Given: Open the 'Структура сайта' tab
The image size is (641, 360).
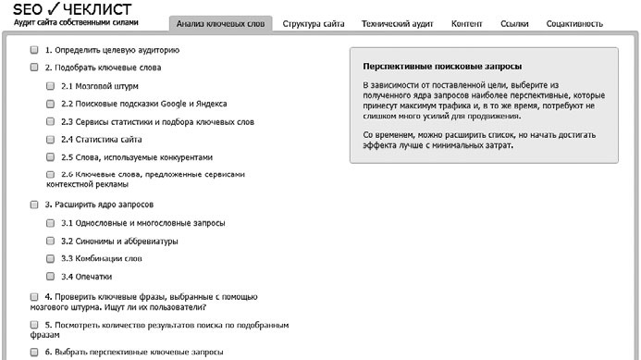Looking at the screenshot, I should [x=314, y=24].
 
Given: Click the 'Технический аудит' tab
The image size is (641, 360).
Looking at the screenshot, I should [x=398, y=24].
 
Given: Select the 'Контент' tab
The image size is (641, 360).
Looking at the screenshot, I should [x=466, y=24].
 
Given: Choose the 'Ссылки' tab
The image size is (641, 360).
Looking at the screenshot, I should [x=514, y=24].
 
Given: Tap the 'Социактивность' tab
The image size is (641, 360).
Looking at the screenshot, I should [x=573, y=24].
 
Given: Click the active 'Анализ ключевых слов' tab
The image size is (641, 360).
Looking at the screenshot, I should [x=220, y=24].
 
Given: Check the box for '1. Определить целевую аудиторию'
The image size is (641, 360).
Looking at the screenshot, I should [x=34, y=50].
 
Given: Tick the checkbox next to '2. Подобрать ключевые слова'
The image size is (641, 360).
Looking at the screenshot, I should [x=34, y=68].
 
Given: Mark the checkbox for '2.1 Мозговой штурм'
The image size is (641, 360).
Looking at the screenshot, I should [x=51, y=86].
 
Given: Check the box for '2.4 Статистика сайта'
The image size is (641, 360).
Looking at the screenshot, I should [x=51, y=140].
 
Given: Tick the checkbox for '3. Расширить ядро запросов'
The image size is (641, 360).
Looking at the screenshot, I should [x=34, y=205].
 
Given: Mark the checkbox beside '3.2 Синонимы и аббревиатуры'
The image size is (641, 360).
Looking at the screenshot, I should [x=51, y=241].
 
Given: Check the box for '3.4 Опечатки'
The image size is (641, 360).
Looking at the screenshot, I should [x=51, y=276].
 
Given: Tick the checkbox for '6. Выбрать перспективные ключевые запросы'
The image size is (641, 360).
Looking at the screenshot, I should [x=34, y=353].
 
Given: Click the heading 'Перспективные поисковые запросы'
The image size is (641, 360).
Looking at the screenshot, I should [x=442, y=67].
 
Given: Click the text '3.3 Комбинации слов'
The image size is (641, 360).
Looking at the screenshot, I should [x=102, y=258].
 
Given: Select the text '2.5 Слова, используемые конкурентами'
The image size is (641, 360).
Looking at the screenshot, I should [x=136, y=157].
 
